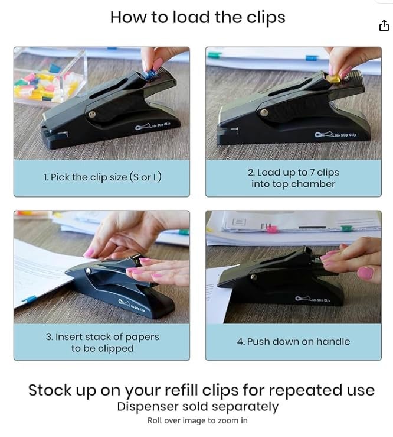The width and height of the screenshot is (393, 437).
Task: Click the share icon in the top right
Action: pyautogui.click(x=384, y=25)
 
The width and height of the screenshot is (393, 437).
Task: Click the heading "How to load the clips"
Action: pyautogui.click(x=198, y=17)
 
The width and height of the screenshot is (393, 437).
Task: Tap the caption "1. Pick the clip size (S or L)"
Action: pyautogui.click(x=102, y=177)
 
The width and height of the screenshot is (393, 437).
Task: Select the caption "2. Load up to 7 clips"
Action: pyautogui.click(x=293, y=173)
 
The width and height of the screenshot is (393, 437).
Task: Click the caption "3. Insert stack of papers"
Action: pyautogui.click(x=102, y=336)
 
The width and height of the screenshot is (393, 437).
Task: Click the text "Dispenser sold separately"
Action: pyautogui.click(x=198, y=407)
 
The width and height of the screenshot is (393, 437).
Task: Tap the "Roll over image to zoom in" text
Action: pyautogui.click(x=198, y=421)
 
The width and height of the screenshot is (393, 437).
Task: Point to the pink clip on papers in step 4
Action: pyautogui.click(x=271, y=227)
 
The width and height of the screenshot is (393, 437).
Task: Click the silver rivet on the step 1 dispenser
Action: pyautogui.click(x=93, y=115)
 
